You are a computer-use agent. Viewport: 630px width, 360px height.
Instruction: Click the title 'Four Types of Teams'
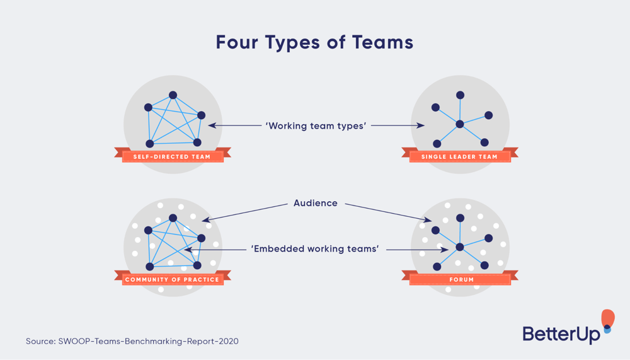(x=314, y=42)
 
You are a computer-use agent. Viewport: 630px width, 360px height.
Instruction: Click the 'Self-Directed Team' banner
(x=172, y=156)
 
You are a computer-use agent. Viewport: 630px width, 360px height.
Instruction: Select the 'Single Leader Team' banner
(x=459, y=156)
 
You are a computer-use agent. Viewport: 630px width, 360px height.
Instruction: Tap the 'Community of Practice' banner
(x=172, y=279)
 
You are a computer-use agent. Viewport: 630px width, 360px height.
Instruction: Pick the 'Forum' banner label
(x=459, y=279)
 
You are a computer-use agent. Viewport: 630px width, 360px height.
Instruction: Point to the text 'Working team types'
(x=315, y=125)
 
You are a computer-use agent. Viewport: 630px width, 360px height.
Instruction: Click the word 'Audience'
(x=315, y=203)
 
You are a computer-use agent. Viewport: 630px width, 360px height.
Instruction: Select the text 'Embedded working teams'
(x=315, y=249)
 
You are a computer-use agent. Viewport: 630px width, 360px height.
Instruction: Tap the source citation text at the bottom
(x=132, y=341)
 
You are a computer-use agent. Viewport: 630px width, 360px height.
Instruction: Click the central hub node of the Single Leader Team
(x=460, y=124)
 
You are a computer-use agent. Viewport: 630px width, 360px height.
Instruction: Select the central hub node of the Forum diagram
(x=460, y=247)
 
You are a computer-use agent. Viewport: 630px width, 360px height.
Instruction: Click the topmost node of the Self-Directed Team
(x=173, y=95)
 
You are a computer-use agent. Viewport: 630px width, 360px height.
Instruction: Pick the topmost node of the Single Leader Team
(x=461, y=95)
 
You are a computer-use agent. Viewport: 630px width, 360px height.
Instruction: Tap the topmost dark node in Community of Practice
(x=173, y=218)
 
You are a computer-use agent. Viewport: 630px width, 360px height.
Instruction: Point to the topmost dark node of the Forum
(x=461, y=218)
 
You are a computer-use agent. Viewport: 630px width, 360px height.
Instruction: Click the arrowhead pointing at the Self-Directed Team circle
(x=212, y=125)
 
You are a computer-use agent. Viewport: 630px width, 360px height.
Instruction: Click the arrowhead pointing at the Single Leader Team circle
(x=421, y=125)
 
